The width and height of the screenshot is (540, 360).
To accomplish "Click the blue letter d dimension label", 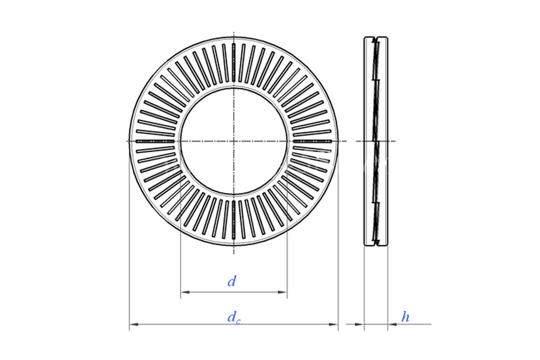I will (x=232, y=282).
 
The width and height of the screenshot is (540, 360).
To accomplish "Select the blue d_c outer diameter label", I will (x=233, y=318).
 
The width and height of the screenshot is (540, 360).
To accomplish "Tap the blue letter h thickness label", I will (x=405, y=317).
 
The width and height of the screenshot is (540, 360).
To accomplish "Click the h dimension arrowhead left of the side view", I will (x=360, y=324).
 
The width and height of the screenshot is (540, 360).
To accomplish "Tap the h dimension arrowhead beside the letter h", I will (x=391, y=324).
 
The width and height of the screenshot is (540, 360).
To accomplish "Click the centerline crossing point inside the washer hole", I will (x=234, y=141).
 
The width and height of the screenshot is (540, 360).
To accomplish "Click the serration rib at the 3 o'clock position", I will (x=312, y=141).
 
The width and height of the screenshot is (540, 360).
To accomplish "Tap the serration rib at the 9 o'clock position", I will (x=155, y=141).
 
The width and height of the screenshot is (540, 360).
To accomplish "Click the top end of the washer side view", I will (x=376, y=38).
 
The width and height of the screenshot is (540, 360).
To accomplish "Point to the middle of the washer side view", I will (x=376, y=141).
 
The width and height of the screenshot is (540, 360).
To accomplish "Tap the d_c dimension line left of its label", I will (x=180, y=324).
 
